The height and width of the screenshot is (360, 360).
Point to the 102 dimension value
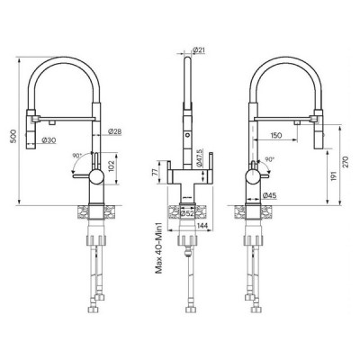111,165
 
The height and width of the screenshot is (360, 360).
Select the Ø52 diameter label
189,213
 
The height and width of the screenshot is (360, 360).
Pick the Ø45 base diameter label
270,195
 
